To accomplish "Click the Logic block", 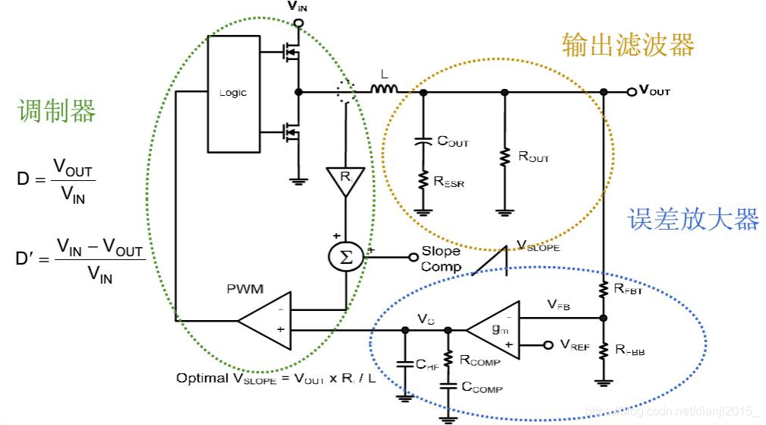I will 233,93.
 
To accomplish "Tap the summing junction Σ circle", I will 346,257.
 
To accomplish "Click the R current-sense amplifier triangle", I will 346,180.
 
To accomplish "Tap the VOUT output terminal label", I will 654,91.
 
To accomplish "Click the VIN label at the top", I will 298,7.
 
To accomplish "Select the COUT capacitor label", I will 453,141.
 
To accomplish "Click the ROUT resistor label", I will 533,157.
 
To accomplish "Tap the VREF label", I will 575,345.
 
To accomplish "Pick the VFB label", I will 559,306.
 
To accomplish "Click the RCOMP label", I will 480,360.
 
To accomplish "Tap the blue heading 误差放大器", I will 693,220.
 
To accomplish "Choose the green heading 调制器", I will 56,112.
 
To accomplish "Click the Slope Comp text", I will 441,258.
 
